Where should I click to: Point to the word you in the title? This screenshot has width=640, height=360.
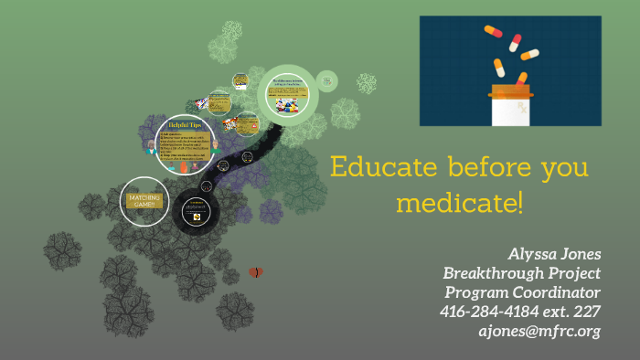(x=563, y=171)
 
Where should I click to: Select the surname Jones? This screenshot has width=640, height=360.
(x=581, y=253)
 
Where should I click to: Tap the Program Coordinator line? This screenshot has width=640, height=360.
(x=522, y=291)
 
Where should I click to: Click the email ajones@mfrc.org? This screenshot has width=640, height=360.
(x=539, y=331)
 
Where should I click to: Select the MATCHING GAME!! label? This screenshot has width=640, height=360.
(x=144, y=200)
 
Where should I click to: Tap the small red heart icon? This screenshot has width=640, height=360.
(x=256, y=272)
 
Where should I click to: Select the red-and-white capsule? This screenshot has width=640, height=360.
(x=515, y=43)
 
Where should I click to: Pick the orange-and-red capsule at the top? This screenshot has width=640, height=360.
(x=493, y=31)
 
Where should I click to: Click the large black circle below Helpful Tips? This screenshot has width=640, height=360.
(x=196, y=212)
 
